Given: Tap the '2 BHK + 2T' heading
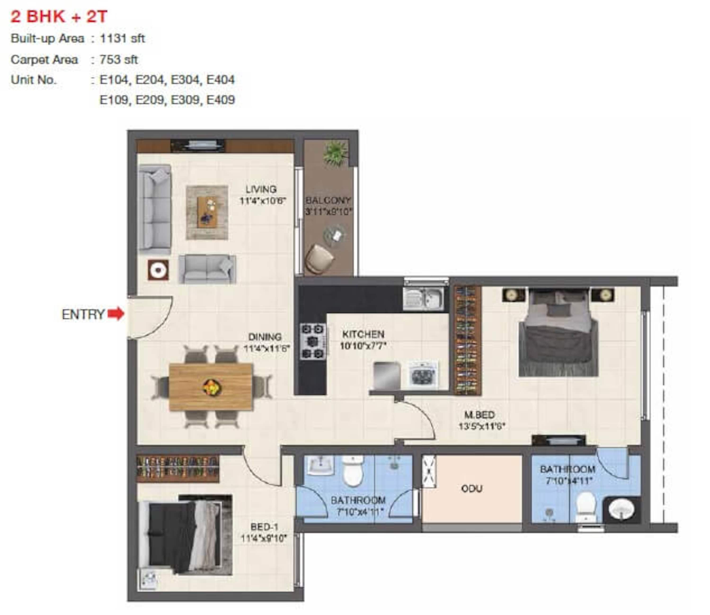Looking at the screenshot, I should [59, 17].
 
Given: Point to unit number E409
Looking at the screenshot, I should [220, 100].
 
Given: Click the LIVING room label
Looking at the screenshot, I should [261, 189].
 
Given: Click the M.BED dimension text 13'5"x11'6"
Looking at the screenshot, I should [482, 427].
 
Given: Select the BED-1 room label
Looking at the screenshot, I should [264, 526].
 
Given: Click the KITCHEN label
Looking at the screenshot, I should [363, 334].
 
